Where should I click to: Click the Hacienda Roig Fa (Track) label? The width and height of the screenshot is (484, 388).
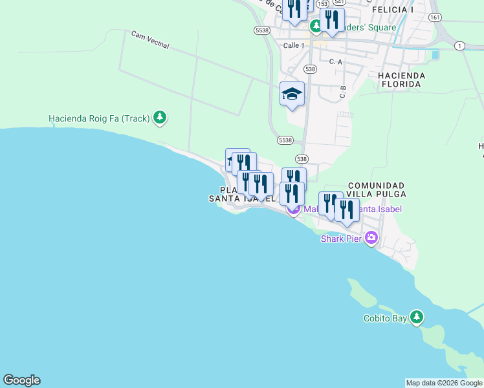click(x=99, y=118)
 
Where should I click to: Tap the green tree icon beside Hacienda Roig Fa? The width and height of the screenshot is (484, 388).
click(x=160, y=118)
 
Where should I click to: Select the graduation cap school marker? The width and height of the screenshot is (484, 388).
click(x=292, y=94)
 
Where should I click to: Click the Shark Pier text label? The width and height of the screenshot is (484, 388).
click(x=341, y=238)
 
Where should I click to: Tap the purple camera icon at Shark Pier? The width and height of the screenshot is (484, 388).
click(x=371, y=238)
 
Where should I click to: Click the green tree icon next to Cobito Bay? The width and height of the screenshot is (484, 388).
click(x=417, y=318)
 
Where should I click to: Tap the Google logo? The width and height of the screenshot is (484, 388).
click(x=21, y=380)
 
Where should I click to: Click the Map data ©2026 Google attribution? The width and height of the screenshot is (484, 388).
click(x=443, y=383)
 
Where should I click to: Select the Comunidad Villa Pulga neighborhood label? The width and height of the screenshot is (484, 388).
click(x=376, y=189)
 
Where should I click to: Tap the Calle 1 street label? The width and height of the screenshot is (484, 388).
click(x=294, y=45)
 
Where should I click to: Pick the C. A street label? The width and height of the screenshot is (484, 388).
click(x=335, y=61)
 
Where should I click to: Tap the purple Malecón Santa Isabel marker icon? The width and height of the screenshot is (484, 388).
click(x=293, y=209)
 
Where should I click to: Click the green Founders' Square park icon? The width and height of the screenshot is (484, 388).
click(x=316, y=27)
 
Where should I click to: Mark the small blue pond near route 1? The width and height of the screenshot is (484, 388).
click(x=434, y=55)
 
